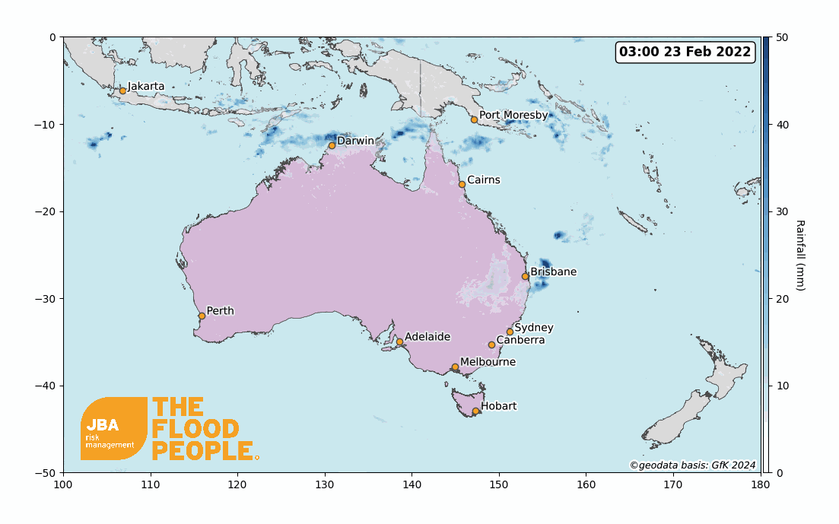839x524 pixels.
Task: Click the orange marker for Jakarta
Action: click(x=122, y=91)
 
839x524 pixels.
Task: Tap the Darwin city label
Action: click(x=355, y=141)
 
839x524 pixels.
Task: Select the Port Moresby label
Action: click(x=513, y=115)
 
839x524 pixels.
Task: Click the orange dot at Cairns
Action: click(x=462, y=184)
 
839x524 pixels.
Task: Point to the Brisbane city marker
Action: click(x=525, y=276)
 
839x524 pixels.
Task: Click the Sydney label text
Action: click(x=533, y=328)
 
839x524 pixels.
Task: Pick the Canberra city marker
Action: click(x=491, y=345)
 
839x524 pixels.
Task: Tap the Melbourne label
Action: click(x=488, y=362)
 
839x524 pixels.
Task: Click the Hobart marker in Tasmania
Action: click(x=475, y=411)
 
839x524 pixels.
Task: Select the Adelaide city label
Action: click(x=427, y=336)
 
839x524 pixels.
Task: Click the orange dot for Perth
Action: click(x=202, y=316)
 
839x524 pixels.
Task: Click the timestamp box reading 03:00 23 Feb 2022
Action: click(x=685, y=52)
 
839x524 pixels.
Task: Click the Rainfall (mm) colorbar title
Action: click(x=799, y=255)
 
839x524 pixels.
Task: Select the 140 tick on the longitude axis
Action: click(x=412, y=484)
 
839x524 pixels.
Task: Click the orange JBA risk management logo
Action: click(x=113, y=428)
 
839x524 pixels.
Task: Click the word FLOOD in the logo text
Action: click(x=195, y=429)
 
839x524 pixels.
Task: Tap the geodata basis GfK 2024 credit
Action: click(x=692, y=465)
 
